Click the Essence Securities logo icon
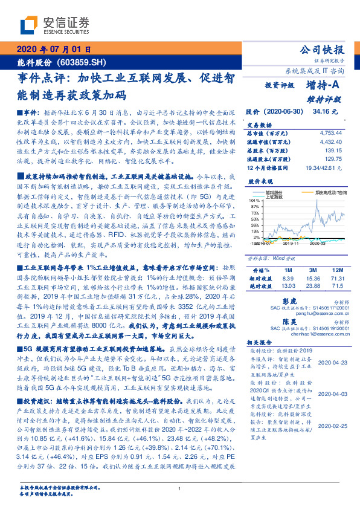click(28, 25)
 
